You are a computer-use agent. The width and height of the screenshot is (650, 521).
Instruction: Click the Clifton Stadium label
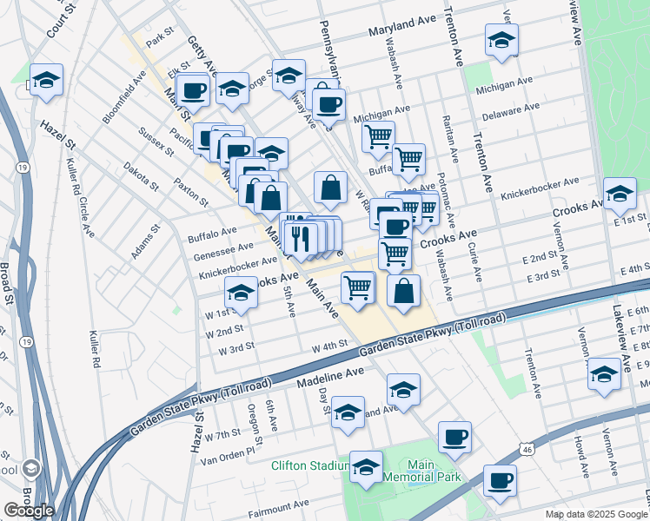[308, 466]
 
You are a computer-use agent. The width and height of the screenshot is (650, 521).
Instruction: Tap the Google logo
[29, 511]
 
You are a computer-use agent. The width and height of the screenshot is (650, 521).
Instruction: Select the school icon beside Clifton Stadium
[366, 468]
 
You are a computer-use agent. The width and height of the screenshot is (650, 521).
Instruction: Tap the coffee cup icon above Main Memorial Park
[454, 437]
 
